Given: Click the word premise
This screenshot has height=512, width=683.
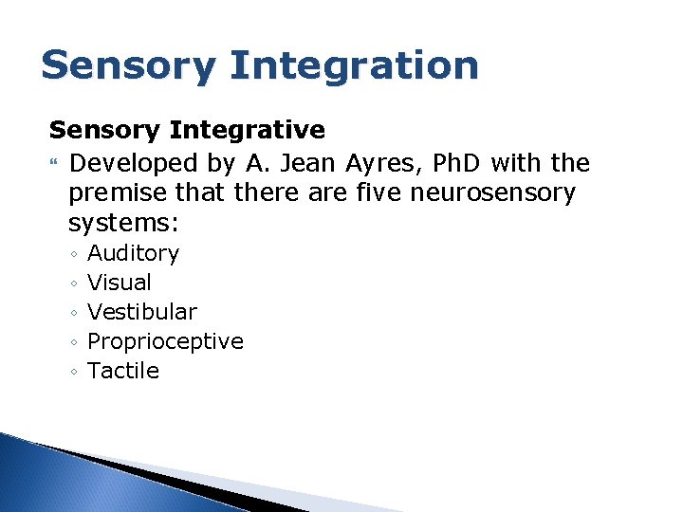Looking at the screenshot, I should [x=115, y=193].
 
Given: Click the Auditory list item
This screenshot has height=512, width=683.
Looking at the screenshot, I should [x=133, y=253].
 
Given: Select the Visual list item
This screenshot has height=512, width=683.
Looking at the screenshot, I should [x=119, y=283].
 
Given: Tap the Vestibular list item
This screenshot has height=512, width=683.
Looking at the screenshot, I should [x=141, y=312].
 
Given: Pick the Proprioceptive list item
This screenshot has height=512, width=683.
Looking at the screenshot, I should [x=165, y=341].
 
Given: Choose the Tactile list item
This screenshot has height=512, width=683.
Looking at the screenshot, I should [x=122, y=371].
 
